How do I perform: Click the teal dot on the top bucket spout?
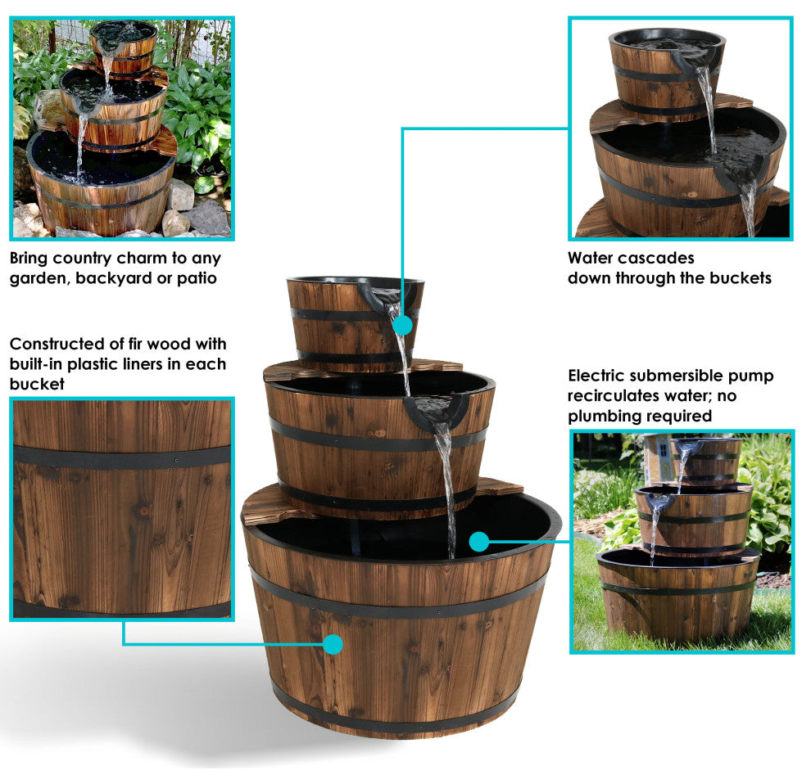coord(402,326)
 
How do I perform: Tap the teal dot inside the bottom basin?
coord(479,541)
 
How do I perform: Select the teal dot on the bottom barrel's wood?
coord(332,644)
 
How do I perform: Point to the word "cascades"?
coord(656,258)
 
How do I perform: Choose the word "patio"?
coord(197,278)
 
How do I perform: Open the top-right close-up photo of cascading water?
coord(680,128)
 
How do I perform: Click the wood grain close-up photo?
coord(121,507)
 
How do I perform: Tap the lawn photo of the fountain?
coord(682,541)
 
